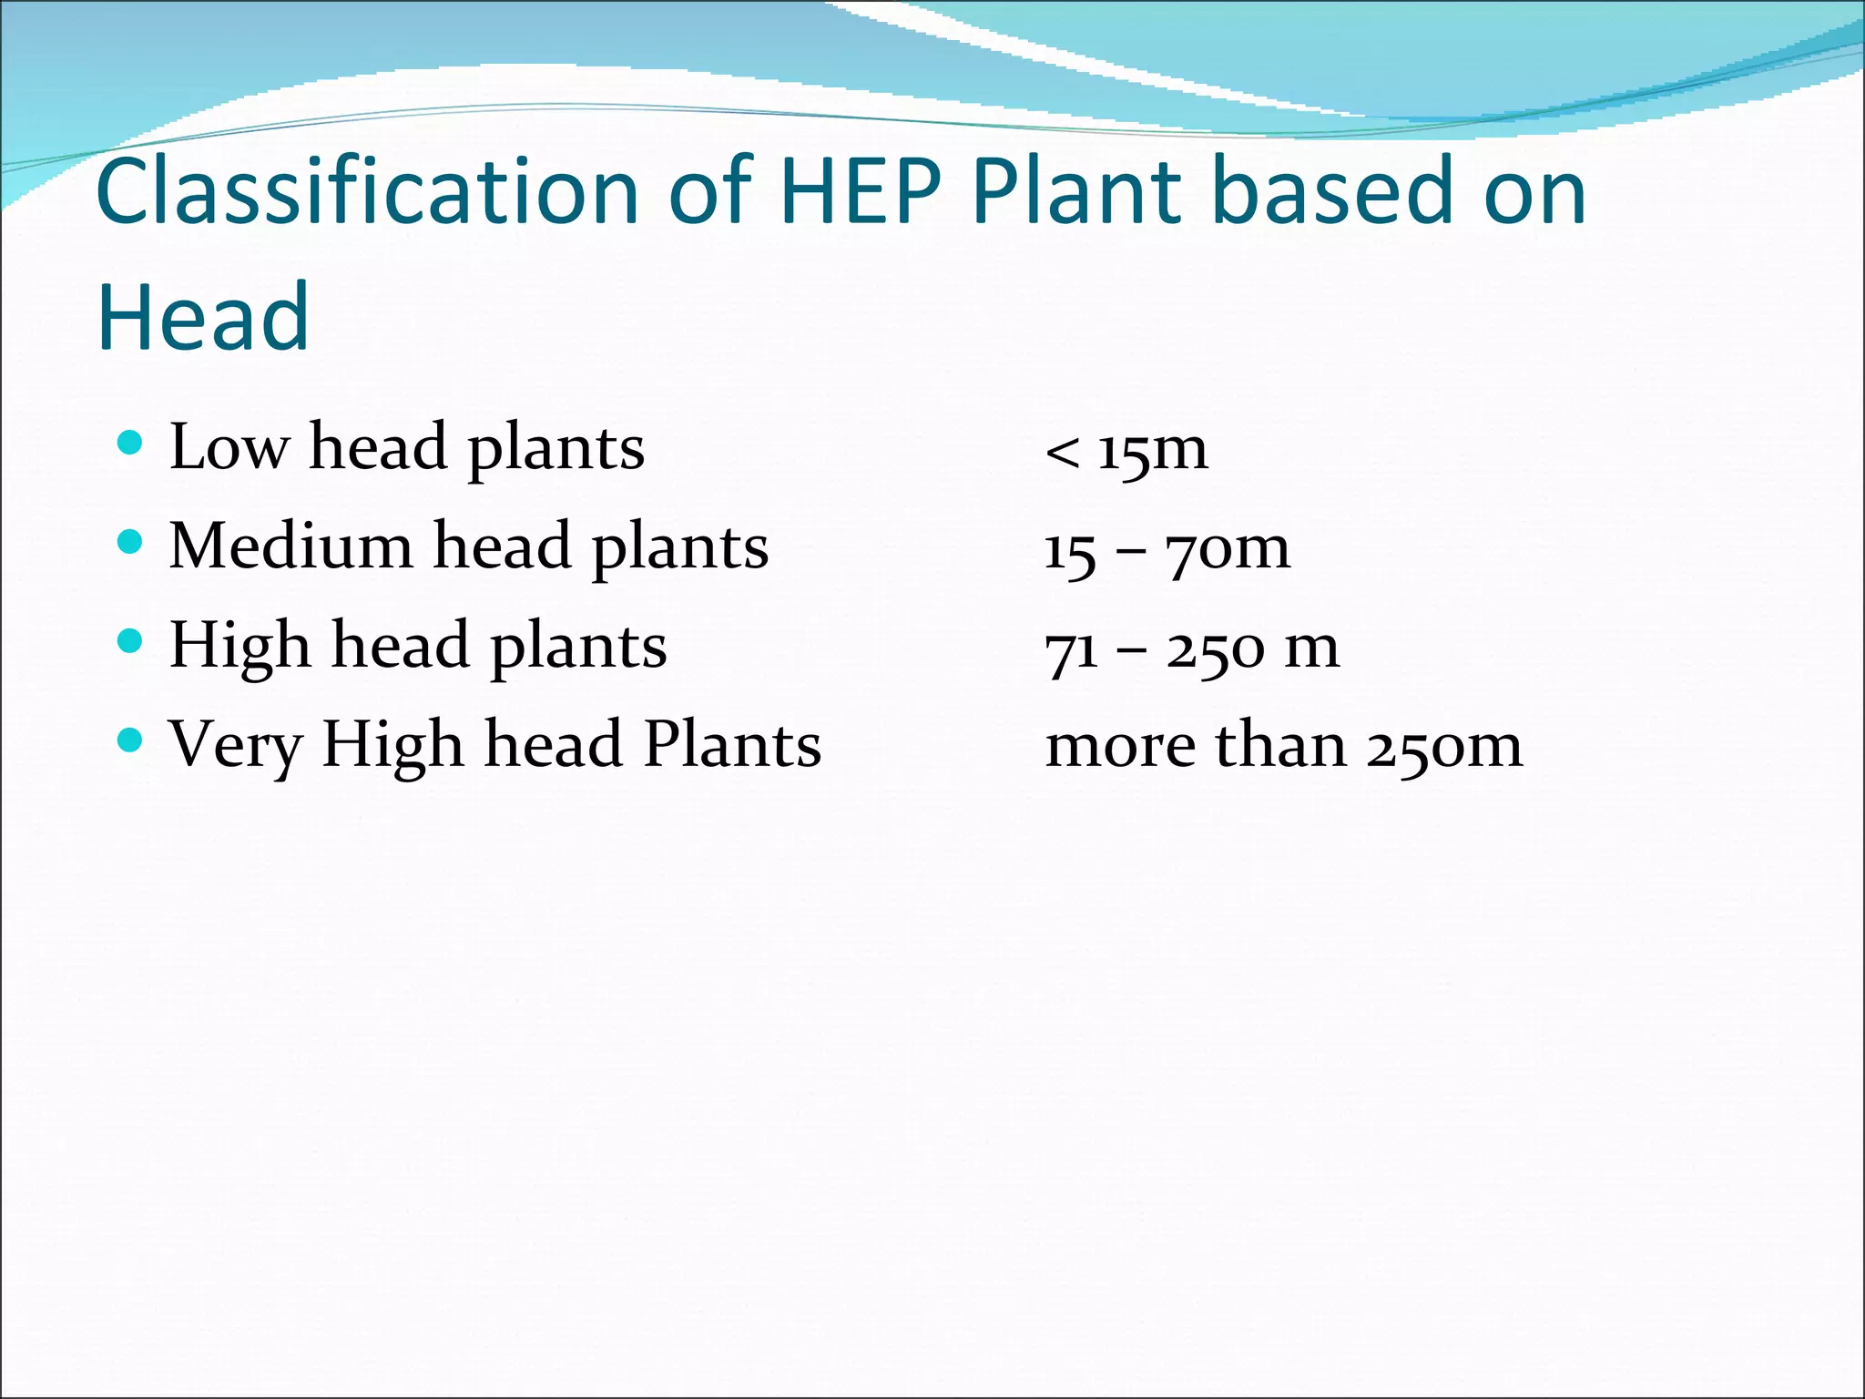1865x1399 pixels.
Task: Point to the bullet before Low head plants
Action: [x=131, y=444]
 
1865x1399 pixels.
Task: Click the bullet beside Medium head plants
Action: [x=131, y=543]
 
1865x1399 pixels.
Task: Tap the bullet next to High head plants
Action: [x=131, y=642]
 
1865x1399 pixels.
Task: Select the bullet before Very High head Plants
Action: [x=131, y=740]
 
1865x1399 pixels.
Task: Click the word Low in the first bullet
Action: [x=228, y=447]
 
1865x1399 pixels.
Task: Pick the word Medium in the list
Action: [x=290, y=546]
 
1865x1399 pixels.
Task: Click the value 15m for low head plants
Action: [x=1153, y=450]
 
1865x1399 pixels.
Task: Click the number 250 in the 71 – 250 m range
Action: [x=1215, y=649]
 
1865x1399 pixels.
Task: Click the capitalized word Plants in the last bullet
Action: [x=732, y=745]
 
